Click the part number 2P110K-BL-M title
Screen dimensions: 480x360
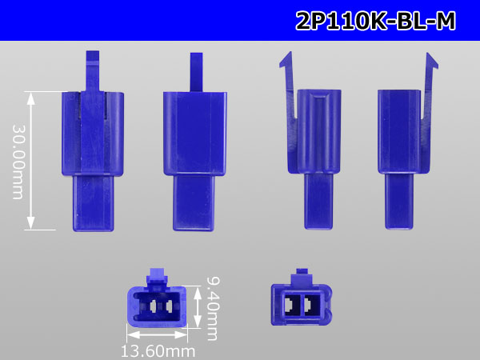(x=376, y=21)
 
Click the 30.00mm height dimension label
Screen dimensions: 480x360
(x=18, y=162)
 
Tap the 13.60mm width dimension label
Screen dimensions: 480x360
(x=158, y=351)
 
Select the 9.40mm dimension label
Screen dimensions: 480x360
(x=212, y=309)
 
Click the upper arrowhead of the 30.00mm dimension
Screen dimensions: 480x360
(x=30, y=98)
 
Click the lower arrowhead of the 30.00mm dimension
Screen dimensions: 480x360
(x=30, y=222)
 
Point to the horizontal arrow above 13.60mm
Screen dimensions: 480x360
(x=157, y=334)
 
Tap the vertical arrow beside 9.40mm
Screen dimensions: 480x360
(x=198, y=307)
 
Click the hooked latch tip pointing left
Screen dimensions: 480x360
(x=286, y=60)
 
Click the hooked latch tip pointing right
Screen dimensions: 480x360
(x=432, y=61)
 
